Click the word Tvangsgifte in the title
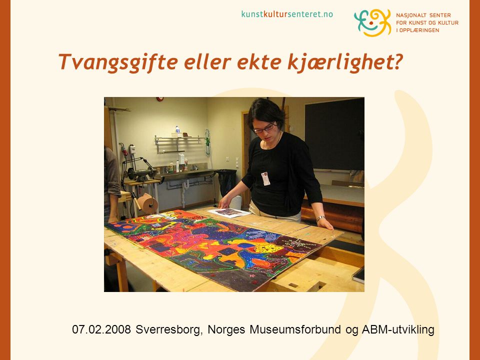pyautogui.click(x=118, y=62)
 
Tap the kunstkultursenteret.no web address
pyautogui.click(x=287, y=14)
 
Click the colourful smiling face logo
pyautogui.click(x=372, y=22)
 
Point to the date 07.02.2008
pyautogui.click(x=101, y=329)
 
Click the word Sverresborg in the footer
pyautogui.click(x=169, y=329)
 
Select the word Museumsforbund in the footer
pyautogui.click(x=295, y=329)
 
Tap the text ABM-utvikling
pyautogui.click(x=398, y=330)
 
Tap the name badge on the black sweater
pyautogui.click(x=265, y=179)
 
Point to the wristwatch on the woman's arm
pyautogui.click(x=320, y=218)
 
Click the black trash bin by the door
pyautogui.click(x=226, y=182)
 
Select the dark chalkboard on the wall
pyautogui.click(x=334, y=134)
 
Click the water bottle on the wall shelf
pyautogui.click(x=177, y=131)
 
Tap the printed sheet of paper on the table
pyautogui.click(x=229, y=212)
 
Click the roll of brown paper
pyautogui.click(x=147, y=203)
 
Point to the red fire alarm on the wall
pyautogui.click(x=159, y=99)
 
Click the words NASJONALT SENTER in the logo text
pyautogui.click(x=423, y=15)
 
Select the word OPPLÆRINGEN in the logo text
pyautogui.click(x=419, y=30)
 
